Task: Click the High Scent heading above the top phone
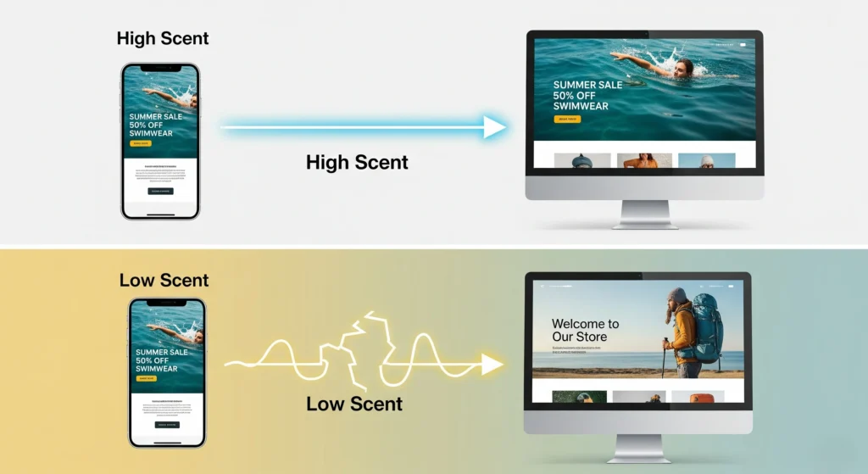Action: tap(162, 38)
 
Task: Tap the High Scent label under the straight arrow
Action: tap(357, 162)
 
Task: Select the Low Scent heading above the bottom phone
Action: tap(164, 281)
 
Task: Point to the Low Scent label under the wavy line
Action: tap(354, 404)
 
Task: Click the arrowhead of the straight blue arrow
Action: tap(494, 128)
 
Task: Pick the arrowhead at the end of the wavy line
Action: tap(492, 365)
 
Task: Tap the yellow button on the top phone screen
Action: tap(140, 143)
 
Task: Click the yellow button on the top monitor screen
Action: tap(567, 120)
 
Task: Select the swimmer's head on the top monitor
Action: tap(684, 67)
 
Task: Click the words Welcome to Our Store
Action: tap(585, 330)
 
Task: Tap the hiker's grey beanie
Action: tap(677, 296)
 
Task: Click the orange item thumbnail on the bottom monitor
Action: tap(698, 396)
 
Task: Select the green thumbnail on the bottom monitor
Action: tap(579, 396)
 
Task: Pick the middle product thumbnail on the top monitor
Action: tap(644, 160)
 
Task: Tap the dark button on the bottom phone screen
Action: tap(167, 425)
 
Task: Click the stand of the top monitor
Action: tap(645, 213)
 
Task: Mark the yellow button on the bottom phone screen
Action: tap(146, 378)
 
